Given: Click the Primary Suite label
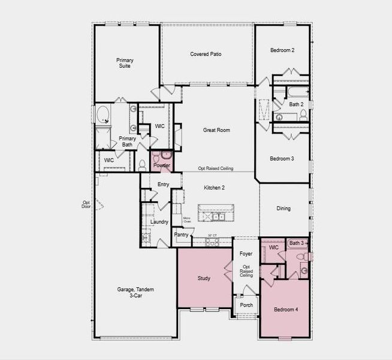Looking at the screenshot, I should click(125, 63).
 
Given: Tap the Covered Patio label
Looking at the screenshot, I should click(206, 54).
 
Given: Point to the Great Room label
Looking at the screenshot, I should click(216, 130).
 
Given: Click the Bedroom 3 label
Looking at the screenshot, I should click(281, 158).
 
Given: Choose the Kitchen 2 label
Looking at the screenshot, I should click(214, 188).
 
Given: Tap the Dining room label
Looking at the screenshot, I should click(284, 209).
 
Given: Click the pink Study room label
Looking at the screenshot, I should click(204, 278).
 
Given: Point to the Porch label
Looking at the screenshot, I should click(246, 305).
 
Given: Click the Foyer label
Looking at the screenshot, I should click(246, 254).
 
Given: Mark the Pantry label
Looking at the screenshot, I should click(181, 235).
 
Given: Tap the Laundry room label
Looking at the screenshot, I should click(159, 221).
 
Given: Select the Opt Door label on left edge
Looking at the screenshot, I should click(86, 205).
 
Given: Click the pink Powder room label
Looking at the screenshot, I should click(162, 165).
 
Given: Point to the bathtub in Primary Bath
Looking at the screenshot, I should click(102, 115).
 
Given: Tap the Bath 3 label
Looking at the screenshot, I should click(297, 243).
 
